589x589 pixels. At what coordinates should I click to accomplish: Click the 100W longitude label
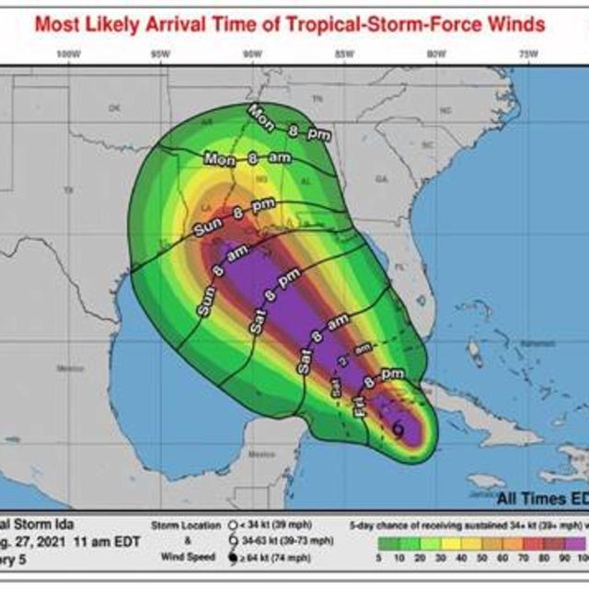click(64, 54)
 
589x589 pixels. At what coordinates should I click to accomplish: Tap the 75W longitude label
click(528, 54)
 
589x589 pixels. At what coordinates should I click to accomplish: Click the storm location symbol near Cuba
click(398, 427)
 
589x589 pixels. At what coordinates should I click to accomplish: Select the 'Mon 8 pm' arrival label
click(288, 122)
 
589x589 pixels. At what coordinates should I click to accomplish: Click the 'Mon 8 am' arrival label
click(248, 158)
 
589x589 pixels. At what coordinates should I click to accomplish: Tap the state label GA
click(382, 179)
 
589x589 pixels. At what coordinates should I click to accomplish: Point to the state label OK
click(114, 109)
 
